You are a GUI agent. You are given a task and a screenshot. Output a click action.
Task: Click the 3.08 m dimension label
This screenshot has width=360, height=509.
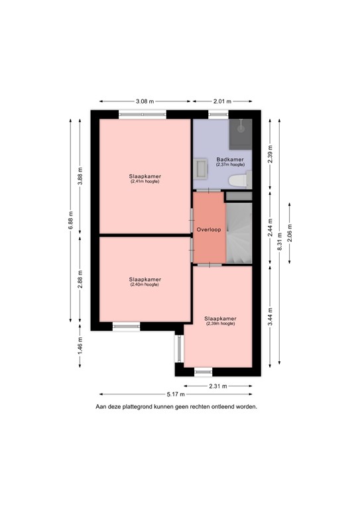pyautogui.click(x=145, y=101)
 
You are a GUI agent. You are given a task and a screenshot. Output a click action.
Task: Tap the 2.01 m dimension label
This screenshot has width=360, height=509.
pyautogui.click(x=222, y=101)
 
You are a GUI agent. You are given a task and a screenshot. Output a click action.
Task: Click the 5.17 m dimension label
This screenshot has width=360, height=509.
pyautogui.click(x=176, y=393)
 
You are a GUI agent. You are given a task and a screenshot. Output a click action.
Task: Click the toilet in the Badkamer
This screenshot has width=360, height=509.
pyautogui.click(x=237, y=180)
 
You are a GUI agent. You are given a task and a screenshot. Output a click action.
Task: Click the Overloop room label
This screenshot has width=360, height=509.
pyautogui.click(x=208, y=229)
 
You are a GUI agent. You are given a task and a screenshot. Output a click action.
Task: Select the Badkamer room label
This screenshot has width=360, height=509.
pyautogui.click(x=230, y=160)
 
